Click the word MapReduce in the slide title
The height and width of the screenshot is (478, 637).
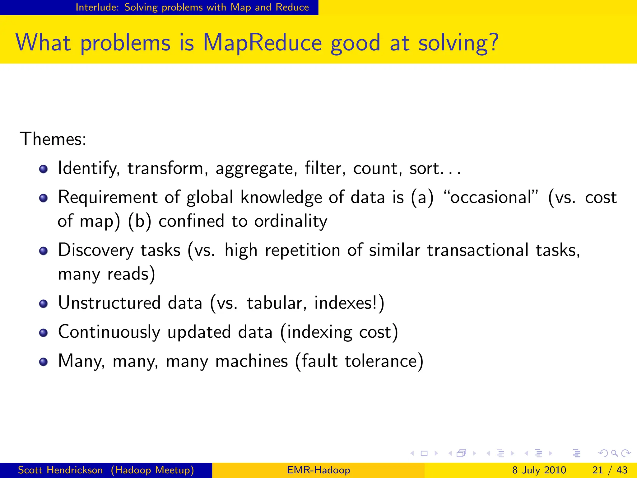click(x=262, y=43)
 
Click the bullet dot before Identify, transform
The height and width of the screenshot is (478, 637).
click(x=44, y=169)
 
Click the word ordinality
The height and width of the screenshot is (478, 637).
click(x=291, y=221)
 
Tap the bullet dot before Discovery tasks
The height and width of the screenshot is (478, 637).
click(x=44, y=251)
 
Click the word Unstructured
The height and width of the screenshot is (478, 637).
click(x=109, y=303)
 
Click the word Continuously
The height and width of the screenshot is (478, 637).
click(x=109, y=332)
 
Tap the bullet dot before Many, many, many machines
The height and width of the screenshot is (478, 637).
click(x=44, y=362)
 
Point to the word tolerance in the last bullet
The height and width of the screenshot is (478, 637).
click(x=381, y=361)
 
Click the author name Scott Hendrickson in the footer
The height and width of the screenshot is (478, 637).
click(x=60, y=470)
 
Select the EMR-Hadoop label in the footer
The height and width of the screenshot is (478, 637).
click(x=318, y=470)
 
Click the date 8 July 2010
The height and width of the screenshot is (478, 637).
click(x=539, y=470)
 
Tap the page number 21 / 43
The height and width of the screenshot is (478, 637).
click(x=610, y=470)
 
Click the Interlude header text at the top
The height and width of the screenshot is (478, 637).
click(x=192, y=7)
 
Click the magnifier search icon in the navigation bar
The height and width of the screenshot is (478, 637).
click(x=614, y=453)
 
